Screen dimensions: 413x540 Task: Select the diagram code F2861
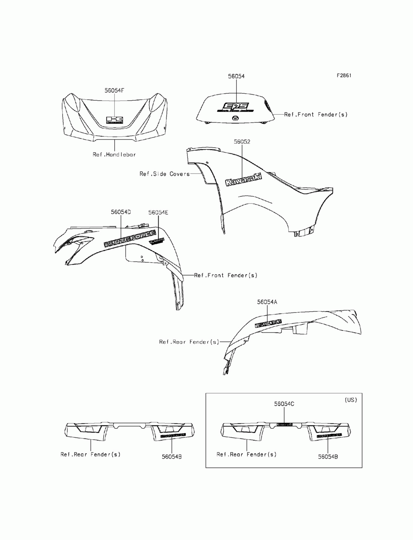click(344, 76)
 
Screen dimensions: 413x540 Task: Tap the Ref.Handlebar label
click(114, 154)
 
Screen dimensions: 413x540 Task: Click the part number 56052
click(242, 142)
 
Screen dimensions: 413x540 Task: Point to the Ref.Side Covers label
click(164, 174)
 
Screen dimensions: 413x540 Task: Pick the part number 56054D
click(121, 212)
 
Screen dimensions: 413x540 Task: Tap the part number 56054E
click(158, 212)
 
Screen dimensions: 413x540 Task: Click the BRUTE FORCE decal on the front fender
click(129, 241)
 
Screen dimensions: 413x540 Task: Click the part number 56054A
click(267, 302)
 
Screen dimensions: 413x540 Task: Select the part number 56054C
click(284, 404)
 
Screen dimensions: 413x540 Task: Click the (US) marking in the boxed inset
click(350, 400)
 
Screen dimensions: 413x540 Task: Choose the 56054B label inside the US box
click(328, 457)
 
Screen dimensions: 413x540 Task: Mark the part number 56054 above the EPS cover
click(236, 76)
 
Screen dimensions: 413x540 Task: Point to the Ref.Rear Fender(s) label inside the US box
click(247, 454)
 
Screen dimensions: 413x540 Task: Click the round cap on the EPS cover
click(235, 118)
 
